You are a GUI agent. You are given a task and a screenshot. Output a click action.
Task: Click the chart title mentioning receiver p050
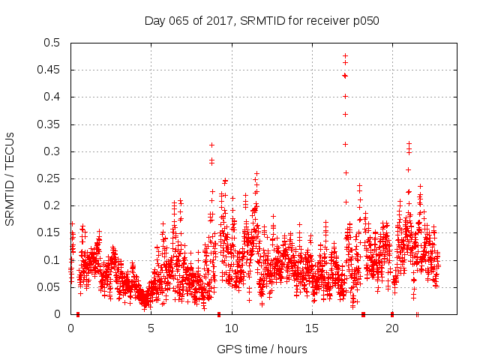[262, 21]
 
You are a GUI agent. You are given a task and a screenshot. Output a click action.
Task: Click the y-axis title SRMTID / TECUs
[10, 178]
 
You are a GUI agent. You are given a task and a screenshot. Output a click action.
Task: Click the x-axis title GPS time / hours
[262, 349]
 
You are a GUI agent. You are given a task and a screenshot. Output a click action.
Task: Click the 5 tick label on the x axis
[151, 328]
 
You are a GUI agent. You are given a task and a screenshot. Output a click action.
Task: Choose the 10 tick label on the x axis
[231, 328]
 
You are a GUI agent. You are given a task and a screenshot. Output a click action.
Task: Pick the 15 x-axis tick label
[311, 328]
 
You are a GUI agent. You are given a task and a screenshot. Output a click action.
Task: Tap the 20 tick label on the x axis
[391, 328]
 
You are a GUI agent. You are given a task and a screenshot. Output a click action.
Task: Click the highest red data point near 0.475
[345, 55]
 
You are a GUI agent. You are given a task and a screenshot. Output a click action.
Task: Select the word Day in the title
[154, 21]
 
